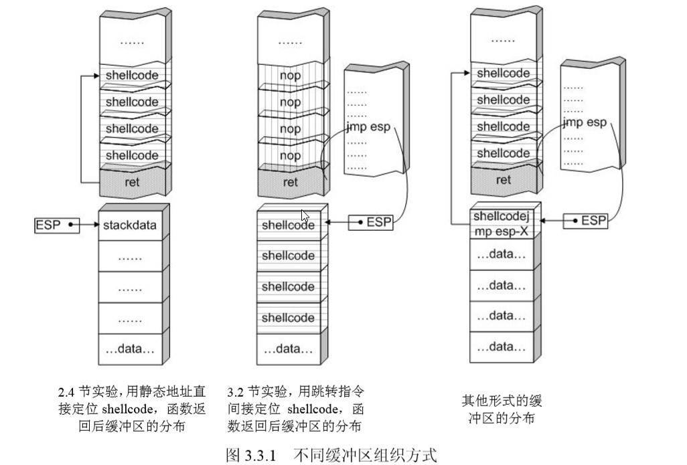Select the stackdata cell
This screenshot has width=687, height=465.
click(130, 225)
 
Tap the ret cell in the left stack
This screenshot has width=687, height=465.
click(132, 181)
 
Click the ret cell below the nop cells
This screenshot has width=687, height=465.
click(290, 181)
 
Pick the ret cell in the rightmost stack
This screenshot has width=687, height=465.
click(504, 179)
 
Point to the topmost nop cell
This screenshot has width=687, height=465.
click(290, 76)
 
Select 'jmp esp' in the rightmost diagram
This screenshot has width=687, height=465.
click(585, 122)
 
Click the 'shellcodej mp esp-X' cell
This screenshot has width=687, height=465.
click(502, 223)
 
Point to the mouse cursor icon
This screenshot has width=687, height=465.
click(305, 216)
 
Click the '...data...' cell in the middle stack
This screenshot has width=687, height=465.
click(288, 349)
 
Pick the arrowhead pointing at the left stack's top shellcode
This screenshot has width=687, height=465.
click(96, 76)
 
